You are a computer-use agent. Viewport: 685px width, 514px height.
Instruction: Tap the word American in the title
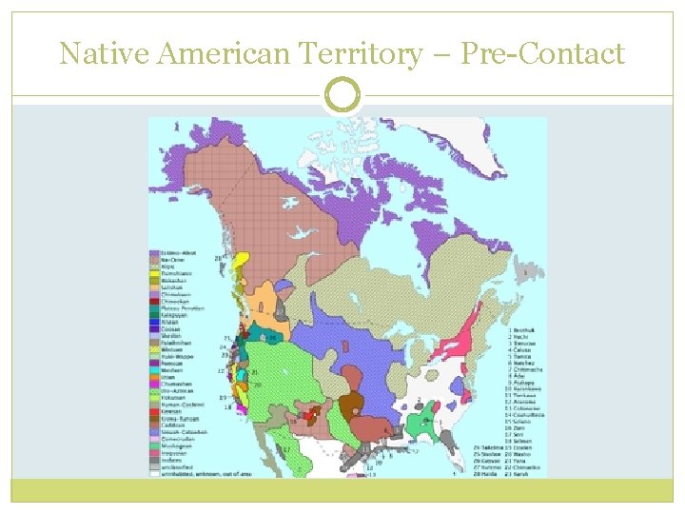[x=215, y=53]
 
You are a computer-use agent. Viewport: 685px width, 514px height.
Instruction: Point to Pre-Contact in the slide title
[x=542, y=53]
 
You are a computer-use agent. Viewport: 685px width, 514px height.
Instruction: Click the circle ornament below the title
[x=342, y=95]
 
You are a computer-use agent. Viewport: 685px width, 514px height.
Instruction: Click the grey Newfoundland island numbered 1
[x=524, y=273]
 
